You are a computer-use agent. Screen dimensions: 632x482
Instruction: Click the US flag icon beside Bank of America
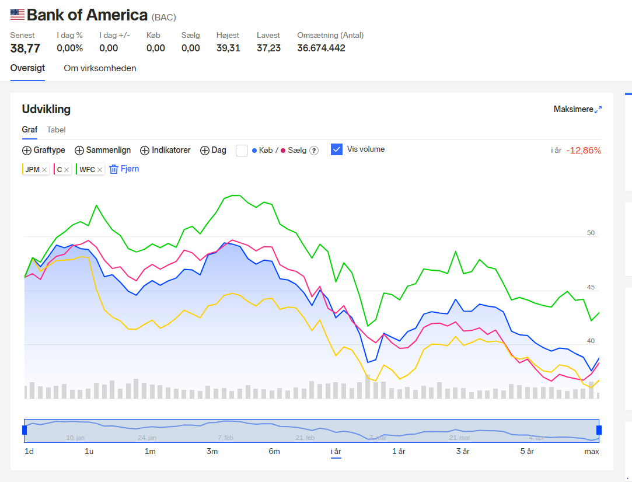[x=18, y=15]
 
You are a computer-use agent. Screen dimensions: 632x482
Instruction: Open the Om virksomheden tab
[x=100, y=68]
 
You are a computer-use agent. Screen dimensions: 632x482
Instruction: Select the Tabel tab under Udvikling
[x=56, y=130]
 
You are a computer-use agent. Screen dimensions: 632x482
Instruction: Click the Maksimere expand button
[x=578, y=109]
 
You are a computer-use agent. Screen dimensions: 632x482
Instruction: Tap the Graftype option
[x=44, y=151]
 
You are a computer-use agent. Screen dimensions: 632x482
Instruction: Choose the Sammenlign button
[x=103, y=151]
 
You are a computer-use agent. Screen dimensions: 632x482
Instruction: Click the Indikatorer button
[x=165, y=151]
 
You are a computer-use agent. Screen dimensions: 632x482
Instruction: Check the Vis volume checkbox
[x=337, y=149]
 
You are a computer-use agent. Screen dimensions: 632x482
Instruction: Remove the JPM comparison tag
[x=44, y=170]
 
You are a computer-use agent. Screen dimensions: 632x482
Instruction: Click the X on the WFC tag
[x=100, y=170]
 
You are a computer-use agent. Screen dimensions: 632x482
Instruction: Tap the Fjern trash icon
[x=114, y=169]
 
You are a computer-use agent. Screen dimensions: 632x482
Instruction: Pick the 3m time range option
[x=212, y=452]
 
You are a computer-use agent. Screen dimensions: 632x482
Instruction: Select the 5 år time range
[x=527, y=452]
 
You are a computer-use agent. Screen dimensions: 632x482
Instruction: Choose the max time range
[x=592, y=452]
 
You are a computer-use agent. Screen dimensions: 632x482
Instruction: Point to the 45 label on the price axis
[x=591, y=287]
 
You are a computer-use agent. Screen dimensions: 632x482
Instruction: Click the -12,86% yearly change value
[x=584, y=151]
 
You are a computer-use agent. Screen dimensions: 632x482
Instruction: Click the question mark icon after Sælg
[x=314, y=151]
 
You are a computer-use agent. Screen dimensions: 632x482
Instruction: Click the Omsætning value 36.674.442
[x=321, y=48]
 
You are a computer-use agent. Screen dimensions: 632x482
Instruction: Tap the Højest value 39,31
[x=228, y=48]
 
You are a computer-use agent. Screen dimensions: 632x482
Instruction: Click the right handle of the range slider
[x=599, y=430]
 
